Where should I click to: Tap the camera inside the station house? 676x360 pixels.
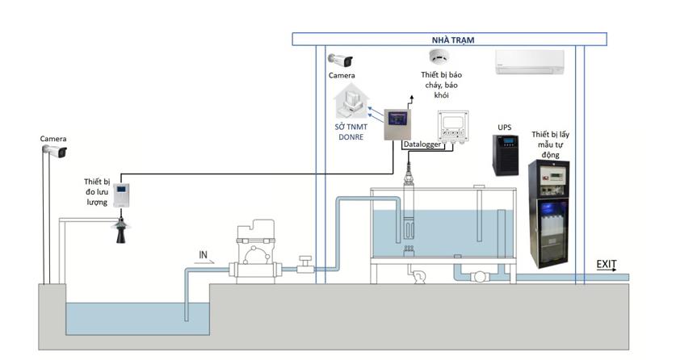pyautogui.click(x=341, y=61)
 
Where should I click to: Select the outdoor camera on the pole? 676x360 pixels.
pyautogui.click(x=54, y=152)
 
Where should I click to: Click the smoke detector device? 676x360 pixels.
pyautogui.click(x=439, y=57)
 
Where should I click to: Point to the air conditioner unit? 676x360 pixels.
pyautogui.click(x=527, y=61)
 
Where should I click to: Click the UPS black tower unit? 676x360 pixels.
pyautogui.click(x=506, y=154)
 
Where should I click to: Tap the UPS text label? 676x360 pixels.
pyautogui.click(x=506, y=128)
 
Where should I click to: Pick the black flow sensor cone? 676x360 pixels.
pyautogui.click(x=121, y=230)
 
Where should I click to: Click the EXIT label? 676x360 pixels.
pyautogui.click(x=607, y=264)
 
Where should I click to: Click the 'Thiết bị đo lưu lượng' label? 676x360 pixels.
pyautogui.click(x=98, y=192)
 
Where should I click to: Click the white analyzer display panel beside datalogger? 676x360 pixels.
pyautogui.click(x=456, y=127)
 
